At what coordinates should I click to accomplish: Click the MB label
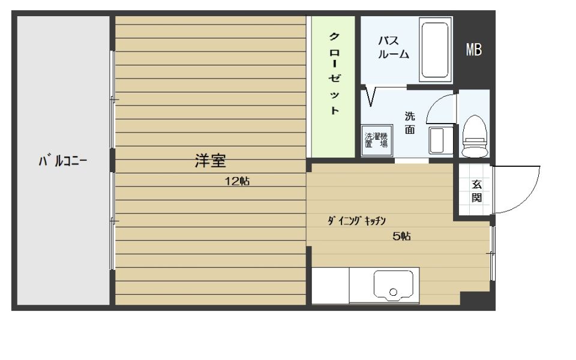pos(473,50)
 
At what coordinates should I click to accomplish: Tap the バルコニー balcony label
pos(63,161)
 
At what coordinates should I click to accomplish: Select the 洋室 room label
pos(210,161)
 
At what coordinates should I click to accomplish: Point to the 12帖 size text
pos(238,181)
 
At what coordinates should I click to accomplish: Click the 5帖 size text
pos(401,236)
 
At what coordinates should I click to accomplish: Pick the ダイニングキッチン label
pos(356,221)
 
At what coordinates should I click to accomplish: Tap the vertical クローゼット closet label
pos(334,73)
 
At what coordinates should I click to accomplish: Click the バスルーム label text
pos(394,47)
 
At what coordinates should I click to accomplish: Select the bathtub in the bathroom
pos(436,50)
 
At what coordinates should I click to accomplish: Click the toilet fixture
pos(475,136)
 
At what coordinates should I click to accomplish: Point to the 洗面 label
pos(410,122)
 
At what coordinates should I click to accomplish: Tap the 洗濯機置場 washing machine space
pos(377,140)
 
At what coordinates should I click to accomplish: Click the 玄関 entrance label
pos(476,191)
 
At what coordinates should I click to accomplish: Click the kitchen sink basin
pos(394,286)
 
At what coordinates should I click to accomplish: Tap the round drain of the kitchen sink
pos(394,292)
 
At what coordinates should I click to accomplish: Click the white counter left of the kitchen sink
pos(330,286)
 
